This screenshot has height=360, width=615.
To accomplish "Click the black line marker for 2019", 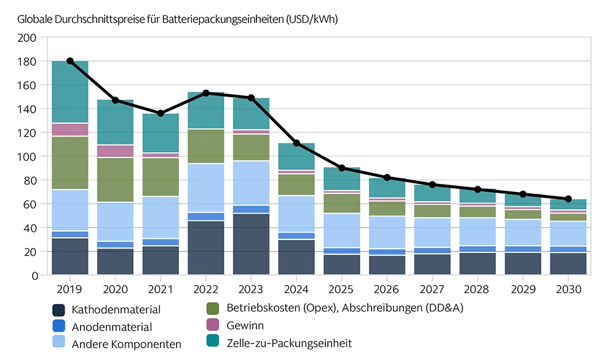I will click(x=70, y=61).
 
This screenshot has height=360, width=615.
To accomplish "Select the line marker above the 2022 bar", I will click(x=206, y=93).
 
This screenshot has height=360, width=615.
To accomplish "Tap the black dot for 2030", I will click(x=568, y=199).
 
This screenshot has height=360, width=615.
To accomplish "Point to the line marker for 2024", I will click(x=296, y=143).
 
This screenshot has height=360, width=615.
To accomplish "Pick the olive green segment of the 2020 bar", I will click(x=116, y=180).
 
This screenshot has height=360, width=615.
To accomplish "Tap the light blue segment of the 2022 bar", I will click(x=206, y=188).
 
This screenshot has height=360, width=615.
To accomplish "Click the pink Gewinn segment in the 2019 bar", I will click(x=70, y=129).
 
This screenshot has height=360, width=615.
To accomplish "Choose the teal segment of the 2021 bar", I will click(x=161, y=133).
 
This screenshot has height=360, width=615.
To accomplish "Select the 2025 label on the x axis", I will click(x=342, y=288).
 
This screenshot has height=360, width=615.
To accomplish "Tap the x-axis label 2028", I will click(x=478, y=288).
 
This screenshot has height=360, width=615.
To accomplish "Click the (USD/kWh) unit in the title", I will click(x=312, y=19).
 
